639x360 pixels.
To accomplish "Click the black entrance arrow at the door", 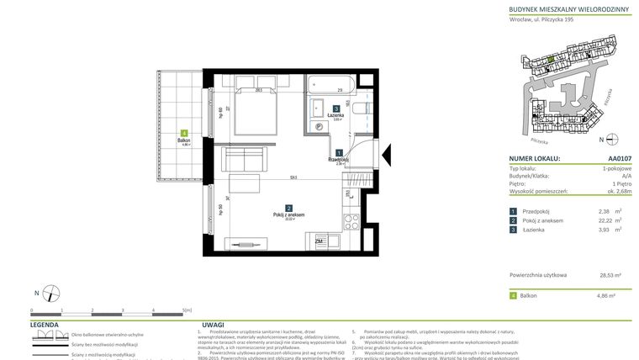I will click(386, 155).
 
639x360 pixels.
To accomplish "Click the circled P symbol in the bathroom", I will click(319, 128).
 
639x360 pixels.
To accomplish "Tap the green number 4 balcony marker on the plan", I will click(183, 133).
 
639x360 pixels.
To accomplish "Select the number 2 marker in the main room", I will click(288, 208).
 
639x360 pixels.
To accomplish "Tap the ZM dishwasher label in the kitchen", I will click(319, 241).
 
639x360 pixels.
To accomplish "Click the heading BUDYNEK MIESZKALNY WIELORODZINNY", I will click(565, 9).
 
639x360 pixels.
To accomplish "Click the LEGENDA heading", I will click(44, 324).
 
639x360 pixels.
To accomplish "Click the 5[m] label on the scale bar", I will click(187, 310).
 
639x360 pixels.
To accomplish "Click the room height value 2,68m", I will click(610, 190).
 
